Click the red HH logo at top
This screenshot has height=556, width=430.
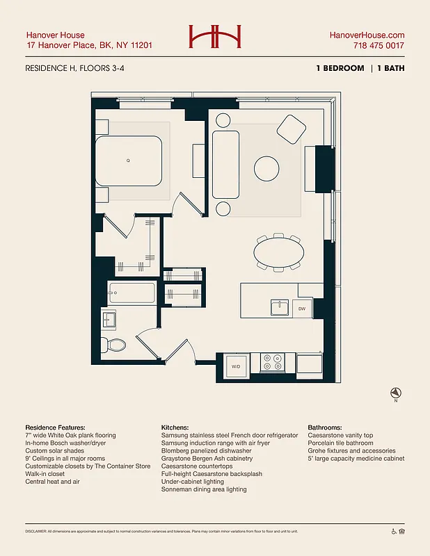(214, 38)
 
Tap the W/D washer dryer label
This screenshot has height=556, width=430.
(236, 366)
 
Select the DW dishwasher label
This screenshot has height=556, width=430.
(302, 308)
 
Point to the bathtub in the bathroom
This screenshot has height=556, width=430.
(132, 293)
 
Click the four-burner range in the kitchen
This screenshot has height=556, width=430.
(272, 362)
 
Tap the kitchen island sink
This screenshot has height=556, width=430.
(280, 307)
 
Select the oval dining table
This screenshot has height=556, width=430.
(278, 252)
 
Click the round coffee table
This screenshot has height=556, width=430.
(267, 168)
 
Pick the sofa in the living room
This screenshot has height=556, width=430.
(226, 164)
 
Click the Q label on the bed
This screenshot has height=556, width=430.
(128, 161)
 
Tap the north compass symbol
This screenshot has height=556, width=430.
(395, 393)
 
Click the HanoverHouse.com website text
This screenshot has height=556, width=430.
(367, 35)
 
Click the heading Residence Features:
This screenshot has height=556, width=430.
(55, 427)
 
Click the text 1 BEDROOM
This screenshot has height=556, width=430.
(340, 68)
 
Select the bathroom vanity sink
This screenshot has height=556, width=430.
(109, 320)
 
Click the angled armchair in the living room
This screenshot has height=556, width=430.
(292, 129)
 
